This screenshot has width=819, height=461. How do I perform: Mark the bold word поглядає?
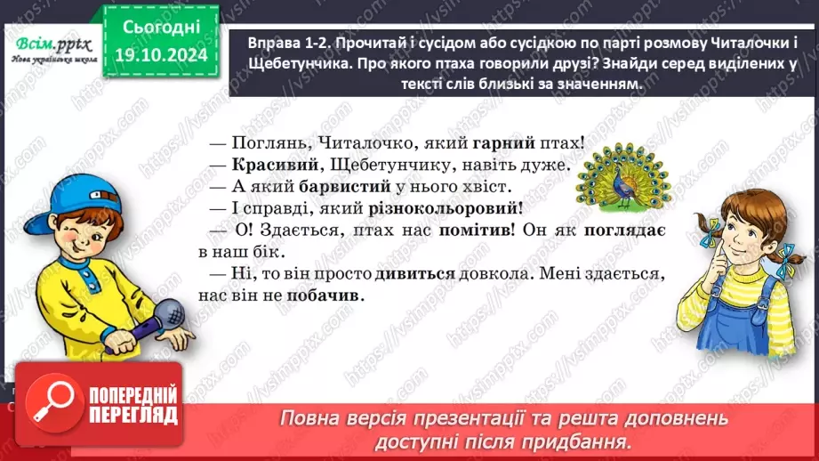[x=626, y=233]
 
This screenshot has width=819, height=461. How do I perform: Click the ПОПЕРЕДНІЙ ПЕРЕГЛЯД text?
[x=133, y=406]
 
